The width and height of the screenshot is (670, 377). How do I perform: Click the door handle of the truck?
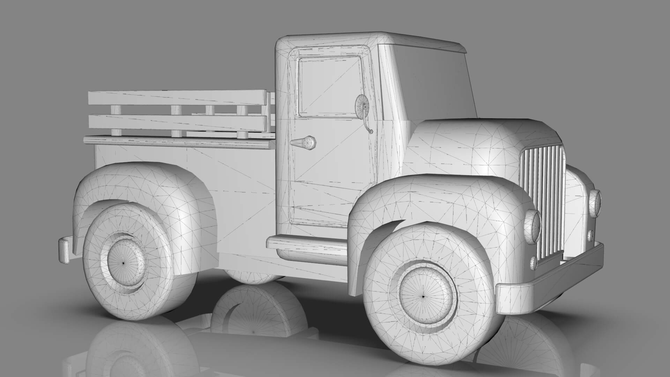pos(304,142)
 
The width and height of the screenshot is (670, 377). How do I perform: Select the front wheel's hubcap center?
pos(423,296)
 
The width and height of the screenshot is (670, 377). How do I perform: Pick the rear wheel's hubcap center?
pos(123,263)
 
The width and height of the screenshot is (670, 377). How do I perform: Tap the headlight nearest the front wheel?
pos(533,226)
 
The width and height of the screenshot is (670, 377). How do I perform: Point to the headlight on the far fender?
pos(595,202)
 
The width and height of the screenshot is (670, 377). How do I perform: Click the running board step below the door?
pos(307,242)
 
